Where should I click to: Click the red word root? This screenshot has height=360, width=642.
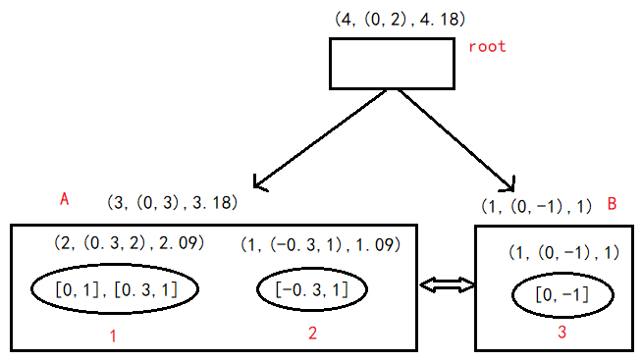coord(487,47)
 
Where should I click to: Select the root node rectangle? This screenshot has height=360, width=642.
coord(391,64)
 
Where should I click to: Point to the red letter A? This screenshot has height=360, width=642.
coord(64,199)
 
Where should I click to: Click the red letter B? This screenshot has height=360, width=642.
coord(612,204)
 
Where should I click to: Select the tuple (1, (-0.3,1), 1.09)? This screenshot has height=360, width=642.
coord(321,243)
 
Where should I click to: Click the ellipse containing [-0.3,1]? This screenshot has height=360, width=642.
coord(313,288)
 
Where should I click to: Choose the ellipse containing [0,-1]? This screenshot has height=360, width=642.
coord(562,295)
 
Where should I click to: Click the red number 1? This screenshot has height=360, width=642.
coord(114,335)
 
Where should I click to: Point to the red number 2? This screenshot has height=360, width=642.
coord(312,334)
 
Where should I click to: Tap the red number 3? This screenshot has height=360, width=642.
coord(562,334)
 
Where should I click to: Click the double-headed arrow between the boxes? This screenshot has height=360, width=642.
coord(447,285)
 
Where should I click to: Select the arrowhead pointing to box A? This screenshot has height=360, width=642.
coord(261,181)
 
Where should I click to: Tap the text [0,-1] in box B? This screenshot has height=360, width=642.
coord(562,295)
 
